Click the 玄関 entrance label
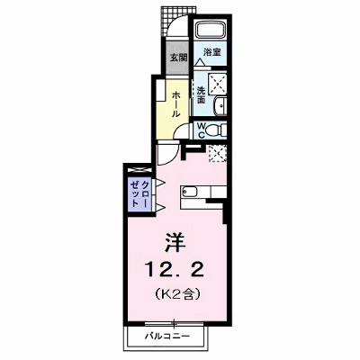(x=179, y=58)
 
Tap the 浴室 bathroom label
(x=212, y=52)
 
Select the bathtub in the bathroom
(x=211, y=31)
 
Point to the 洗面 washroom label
(x=201, y=95)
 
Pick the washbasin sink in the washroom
(x=220, y=106)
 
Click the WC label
(x=202, y=130)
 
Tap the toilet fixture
(x=217, y=130)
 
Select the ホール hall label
(x=175, y=104)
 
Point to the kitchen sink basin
(x=190, y=191)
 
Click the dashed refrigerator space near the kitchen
(x=218, y=153)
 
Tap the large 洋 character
(x=175, y=242)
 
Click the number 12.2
(x=175, y=269)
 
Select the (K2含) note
(x=177, y=294)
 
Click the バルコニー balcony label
(x=167, y=336)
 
